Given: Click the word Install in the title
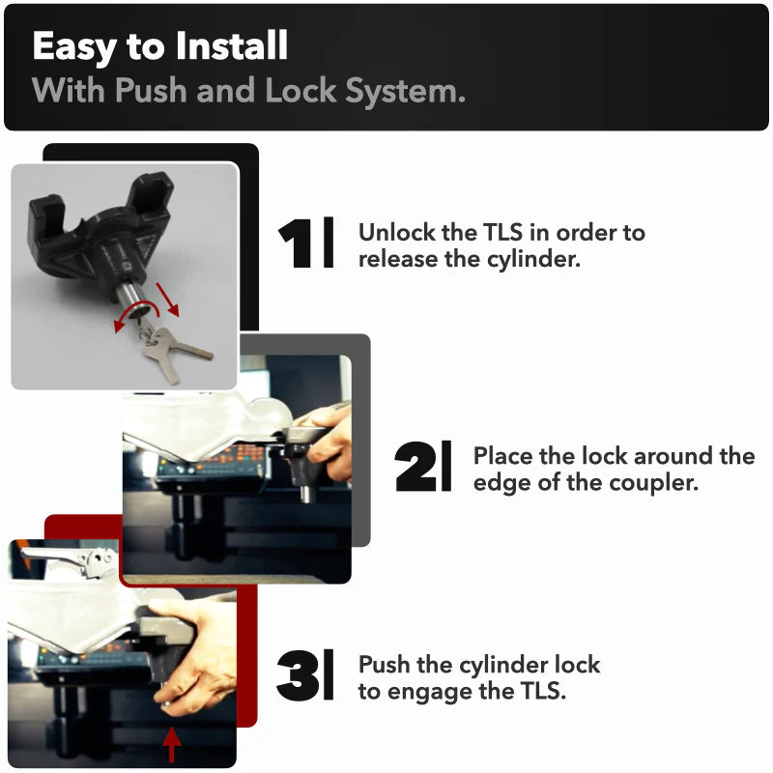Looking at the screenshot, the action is click(x=231, y=45).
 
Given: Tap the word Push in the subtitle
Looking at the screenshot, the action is click(x=151, y=91).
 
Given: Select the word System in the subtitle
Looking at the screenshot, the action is click(x=405, y=92).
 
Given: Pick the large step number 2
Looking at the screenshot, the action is click(x=415, y=467).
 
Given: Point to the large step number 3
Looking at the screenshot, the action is click(x=298, y=675).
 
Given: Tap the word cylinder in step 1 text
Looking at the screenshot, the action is click(x=533, y=260).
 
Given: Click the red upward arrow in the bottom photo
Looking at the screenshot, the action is click(x=171, y=744).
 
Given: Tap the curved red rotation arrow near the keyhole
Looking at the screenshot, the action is click(x=136, y=309).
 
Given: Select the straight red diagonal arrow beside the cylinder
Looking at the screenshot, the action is click(x=167, y=300).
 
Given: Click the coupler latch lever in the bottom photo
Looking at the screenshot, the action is click(x=69, y=559).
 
